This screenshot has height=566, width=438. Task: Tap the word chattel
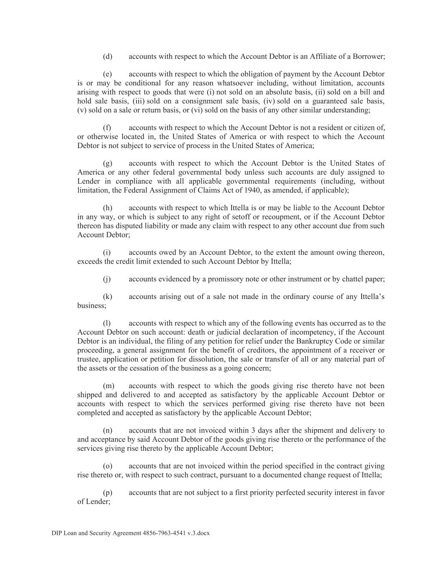(354, 279)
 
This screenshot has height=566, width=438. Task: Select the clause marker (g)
(108, 163)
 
